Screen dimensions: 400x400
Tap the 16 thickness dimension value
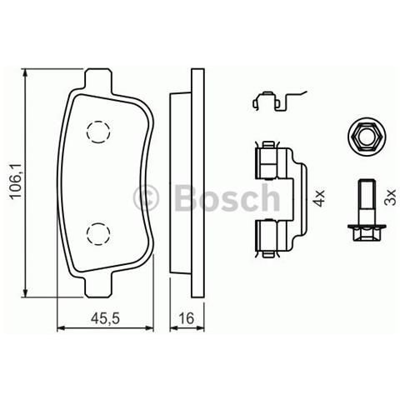click(187, 317)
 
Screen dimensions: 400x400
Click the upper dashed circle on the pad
click(98, 131)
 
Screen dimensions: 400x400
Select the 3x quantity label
click(387, 197)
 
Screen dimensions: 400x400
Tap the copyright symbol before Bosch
click(147, 198)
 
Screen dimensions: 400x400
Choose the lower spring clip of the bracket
click(267, 236)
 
